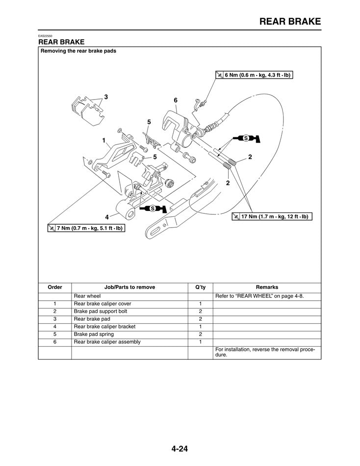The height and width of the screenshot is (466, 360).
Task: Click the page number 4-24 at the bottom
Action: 180,448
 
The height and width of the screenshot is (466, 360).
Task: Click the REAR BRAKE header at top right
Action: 290,21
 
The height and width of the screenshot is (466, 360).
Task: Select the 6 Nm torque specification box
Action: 254,75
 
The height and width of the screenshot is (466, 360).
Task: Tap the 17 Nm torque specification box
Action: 272,216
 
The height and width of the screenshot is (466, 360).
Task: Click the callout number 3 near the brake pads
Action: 105,97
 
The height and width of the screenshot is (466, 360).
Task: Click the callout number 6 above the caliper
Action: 175,100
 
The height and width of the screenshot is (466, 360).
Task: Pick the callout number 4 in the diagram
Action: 106,217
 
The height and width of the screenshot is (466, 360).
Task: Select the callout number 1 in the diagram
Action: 103,140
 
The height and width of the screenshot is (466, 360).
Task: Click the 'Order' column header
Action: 55,287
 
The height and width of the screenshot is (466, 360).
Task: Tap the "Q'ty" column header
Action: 200,287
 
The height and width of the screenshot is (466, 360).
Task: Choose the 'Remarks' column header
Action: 267,287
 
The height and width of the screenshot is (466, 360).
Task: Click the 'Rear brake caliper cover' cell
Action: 102,304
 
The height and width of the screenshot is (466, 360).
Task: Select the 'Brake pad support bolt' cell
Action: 100,311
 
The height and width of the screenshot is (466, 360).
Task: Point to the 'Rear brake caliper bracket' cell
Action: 104,327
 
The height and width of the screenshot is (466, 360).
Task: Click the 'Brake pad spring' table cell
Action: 94,335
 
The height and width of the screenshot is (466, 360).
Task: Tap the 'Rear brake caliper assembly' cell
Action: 107,342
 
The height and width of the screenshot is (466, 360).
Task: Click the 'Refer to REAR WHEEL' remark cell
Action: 259,296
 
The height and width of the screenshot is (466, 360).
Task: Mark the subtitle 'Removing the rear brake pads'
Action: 78,51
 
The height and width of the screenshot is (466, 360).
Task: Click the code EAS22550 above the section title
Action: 46,36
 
